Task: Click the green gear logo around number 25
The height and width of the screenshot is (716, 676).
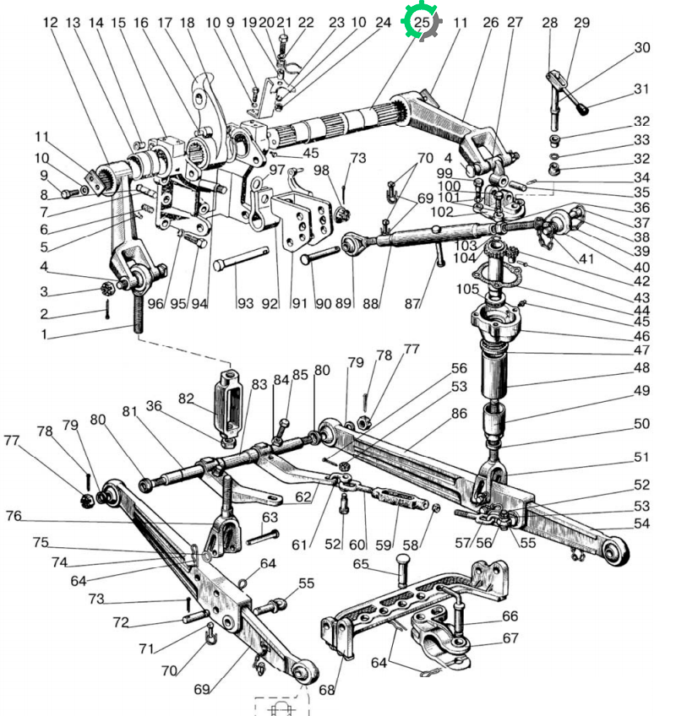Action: tap(421, 21)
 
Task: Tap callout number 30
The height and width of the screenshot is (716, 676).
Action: tap(641, 47)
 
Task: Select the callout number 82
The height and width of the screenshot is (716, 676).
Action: tap(186, 399)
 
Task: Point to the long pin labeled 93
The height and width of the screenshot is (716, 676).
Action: tap(241, 258)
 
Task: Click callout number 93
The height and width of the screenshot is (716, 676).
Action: tap(245, 303)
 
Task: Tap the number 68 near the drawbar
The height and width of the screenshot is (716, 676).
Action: tap(326, 690)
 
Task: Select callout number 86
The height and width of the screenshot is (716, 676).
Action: tap(459, 413)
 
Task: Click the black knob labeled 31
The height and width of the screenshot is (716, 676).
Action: tap(583, 110)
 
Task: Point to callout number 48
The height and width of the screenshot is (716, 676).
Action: tap(641, 367)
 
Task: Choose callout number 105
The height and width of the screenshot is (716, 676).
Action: tap(467, 289)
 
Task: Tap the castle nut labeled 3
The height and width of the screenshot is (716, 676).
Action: tap(108, 289)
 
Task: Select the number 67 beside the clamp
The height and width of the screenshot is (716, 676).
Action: tap(510, 637)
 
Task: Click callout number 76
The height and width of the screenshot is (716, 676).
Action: tap(14, 516)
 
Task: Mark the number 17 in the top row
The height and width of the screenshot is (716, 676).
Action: tap(165, 22)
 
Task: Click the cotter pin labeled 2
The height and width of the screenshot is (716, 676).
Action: tap(107, 310)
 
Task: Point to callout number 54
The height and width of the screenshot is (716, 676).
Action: tap(641, 523)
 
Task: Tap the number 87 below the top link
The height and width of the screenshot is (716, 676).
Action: tap(412, 303)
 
